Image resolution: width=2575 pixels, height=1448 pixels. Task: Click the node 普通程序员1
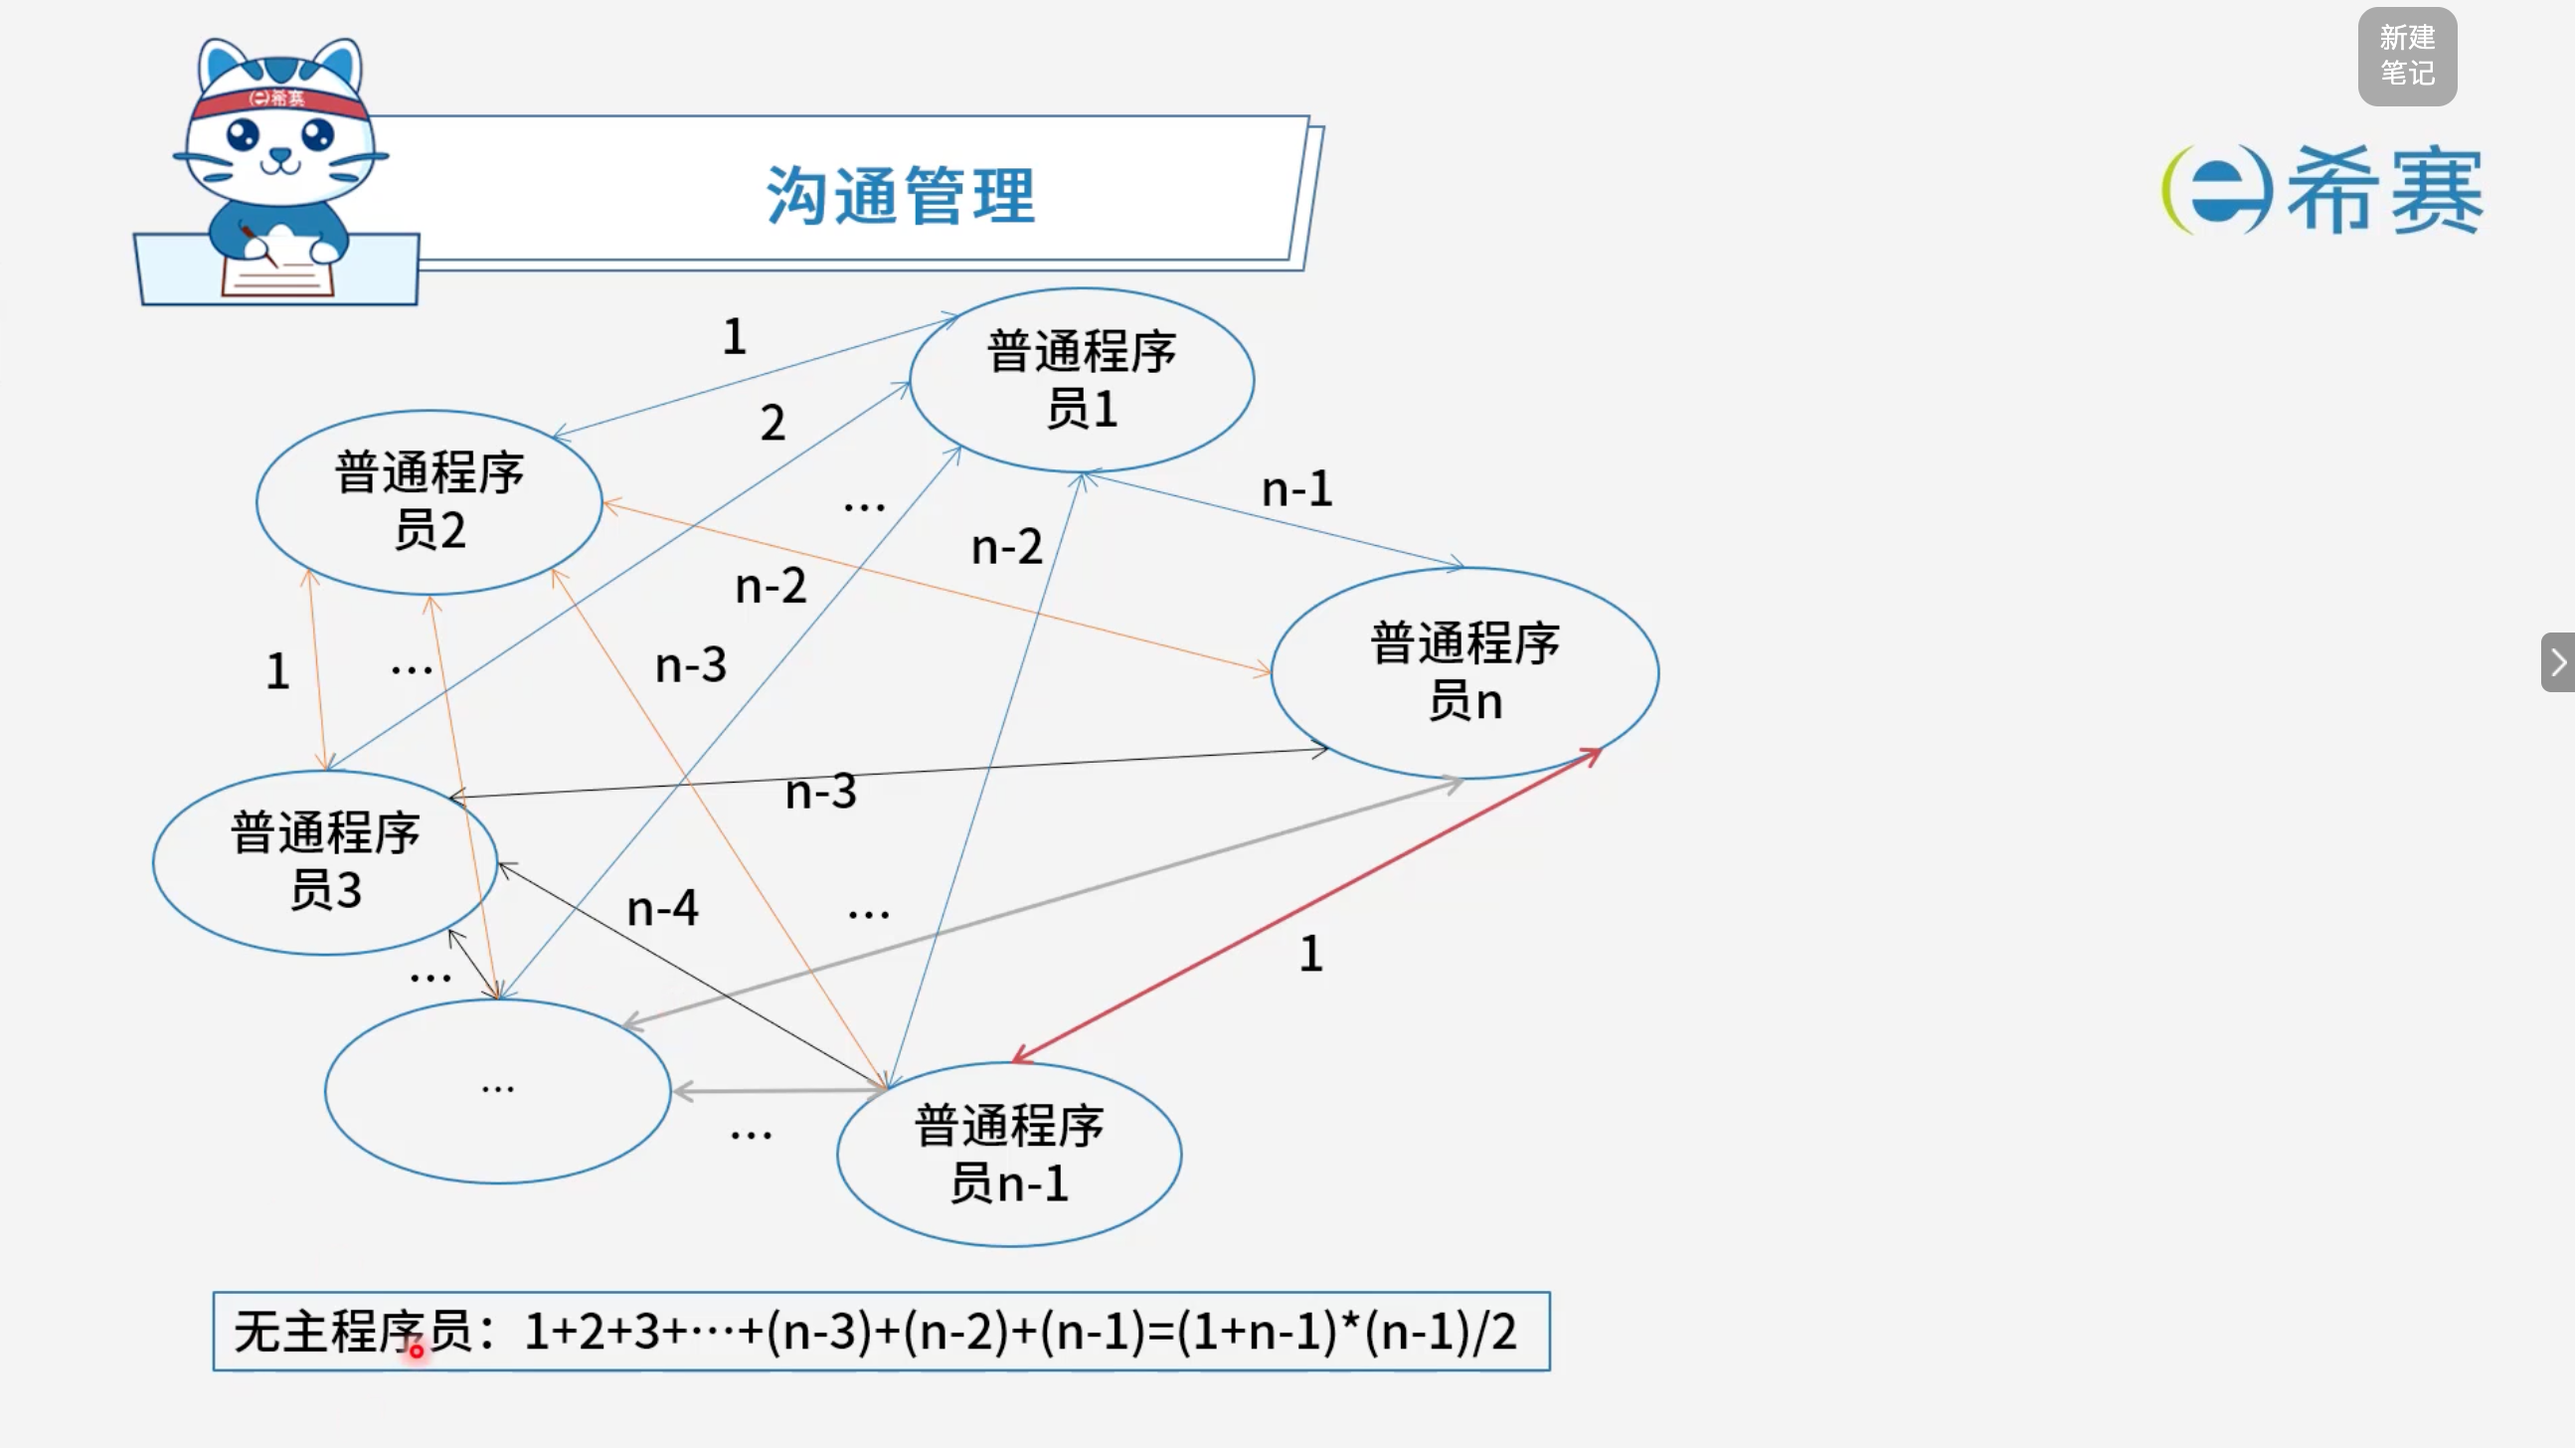(x=1082, y=380)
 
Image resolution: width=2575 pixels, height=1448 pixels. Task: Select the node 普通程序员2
(x=429, y=502)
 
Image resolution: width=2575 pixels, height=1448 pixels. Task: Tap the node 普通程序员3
(x=325, y=862)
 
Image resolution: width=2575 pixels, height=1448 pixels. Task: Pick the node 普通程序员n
(x=1464, y=672)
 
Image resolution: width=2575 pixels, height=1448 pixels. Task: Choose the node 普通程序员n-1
(x=1009, y=1154)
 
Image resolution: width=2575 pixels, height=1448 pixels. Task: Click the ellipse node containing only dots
(x=498, y=1091)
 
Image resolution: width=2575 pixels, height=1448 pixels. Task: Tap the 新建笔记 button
(x=2407, y=56)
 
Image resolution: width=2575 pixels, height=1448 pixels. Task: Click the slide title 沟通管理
(x=901, y=195)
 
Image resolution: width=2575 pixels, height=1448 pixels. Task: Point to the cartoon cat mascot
(x=277, y=170)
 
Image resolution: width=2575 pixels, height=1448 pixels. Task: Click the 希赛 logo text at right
(x=2384, y=190)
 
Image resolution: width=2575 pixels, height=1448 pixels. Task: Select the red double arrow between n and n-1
(x=1306, y=905)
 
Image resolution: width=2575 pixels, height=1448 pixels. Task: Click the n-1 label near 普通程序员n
(x=1296, y=489)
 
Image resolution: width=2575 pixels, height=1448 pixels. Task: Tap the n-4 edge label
(x=662, y=908)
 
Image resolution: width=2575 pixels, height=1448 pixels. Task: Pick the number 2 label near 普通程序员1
(x=772, y=423)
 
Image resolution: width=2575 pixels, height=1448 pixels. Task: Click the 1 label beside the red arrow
(x=1311, y=953)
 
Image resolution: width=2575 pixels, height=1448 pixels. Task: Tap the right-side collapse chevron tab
(x=2558, y=662)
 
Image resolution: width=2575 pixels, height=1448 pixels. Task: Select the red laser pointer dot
(x=416, y=1351)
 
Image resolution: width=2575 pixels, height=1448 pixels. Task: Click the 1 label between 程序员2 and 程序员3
(x=278, y=671)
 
